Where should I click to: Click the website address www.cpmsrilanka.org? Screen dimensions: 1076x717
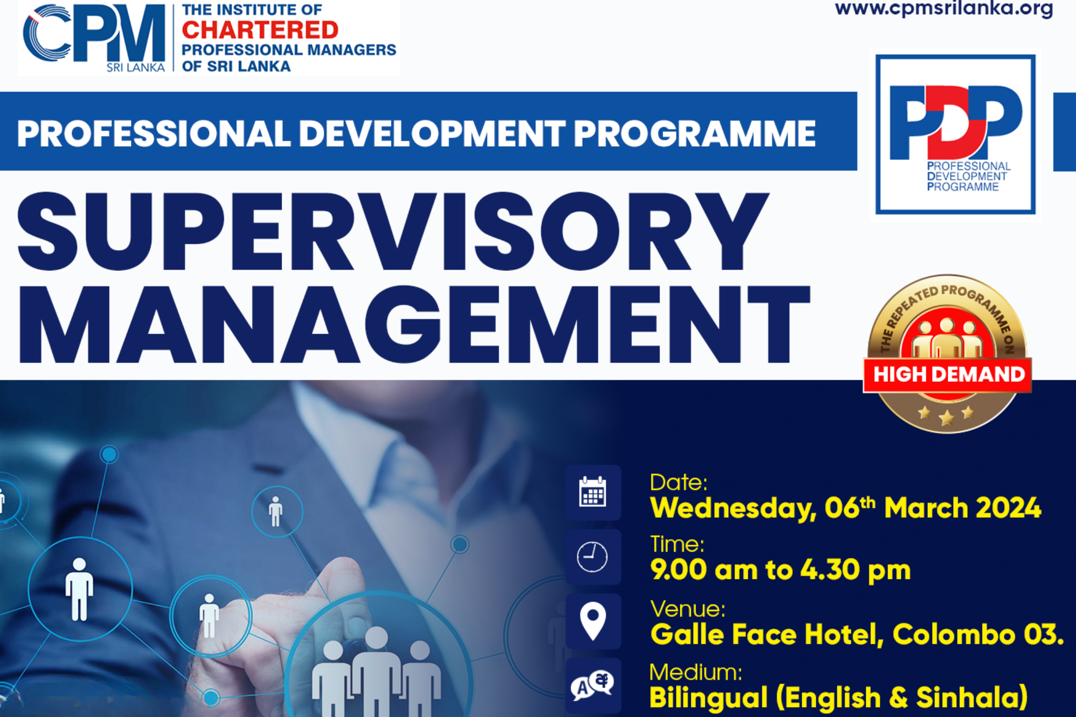point(944,8)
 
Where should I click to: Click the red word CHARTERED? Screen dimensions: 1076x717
point(260,30)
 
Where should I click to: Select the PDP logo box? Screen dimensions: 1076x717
point(955,134)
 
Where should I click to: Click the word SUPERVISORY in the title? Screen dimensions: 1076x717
point(392,232)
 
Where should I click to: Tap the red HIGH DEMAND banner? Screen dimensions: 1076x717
point(948,375)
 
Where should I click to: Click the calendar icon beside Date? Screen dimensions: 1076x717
point(593,492)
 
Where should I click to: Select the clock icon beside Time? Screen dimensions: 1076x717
point(593,557)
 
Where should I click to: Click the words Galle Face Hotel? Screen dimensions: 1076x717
point(763,634)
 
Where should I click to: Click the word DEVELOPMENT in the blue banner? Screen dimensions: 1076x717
point(432,133)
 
